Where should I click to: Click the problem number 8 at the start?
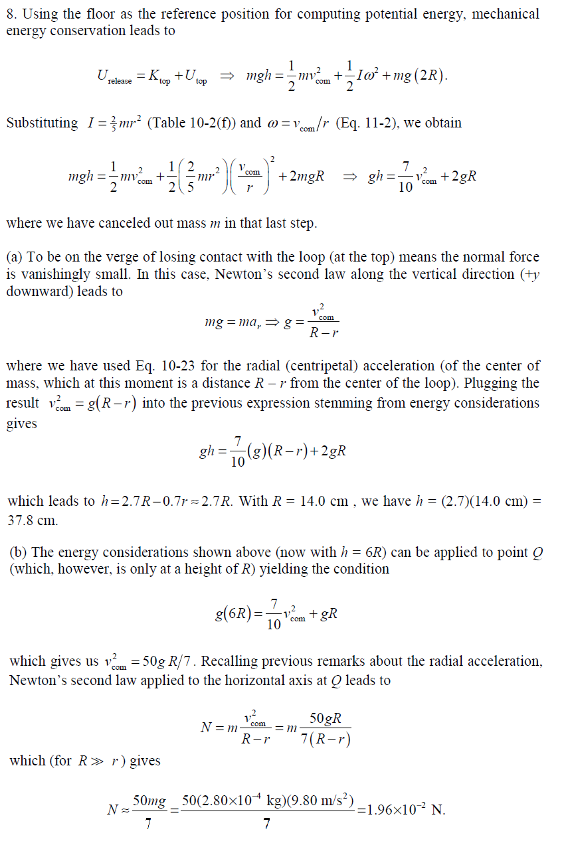9,14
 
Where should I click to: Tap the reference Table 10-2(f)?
199,123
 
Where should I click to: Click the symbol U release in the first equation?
114,78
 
